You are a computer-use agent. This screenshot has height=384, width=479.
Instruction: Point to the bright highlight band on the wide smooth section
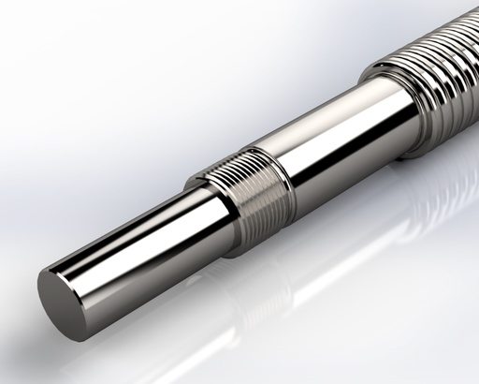tap(327, 131)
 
